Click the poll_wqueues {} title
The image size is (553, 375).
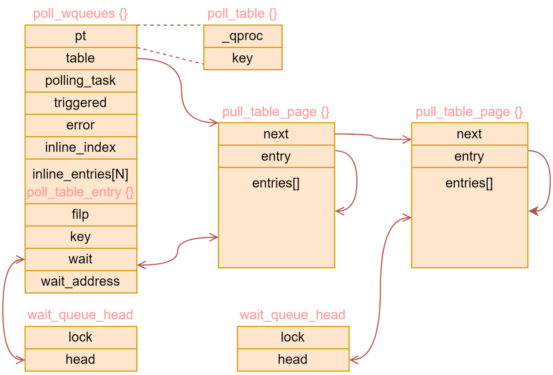(81, 14)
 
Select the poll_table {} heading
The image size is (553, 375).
(242, 14)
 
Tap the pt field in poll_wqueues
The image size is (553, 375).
(81, 36)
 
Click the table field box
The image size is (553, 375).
(81, 58)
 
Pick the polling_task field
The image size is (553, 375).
(81, 81)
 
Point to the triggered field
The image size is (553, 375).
(81, 103)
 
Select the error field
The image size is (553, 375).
(81, 125)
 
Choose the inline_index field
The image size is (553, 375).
(81, 147)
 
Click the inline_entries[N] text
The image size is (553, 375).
(81, 174)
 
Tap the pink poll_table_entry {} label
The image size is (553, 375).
(81, 192)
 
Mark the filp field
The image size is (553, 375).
(81, 215)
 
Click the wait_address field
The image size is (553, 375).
(81, 282)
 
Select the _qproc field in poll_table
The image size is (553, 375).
(243, 36)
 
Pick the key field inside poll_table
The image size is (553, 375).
(243, 58)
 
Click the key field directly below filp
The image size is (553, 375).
(81, 237)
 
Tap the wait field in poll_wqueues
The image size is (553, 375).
(81, 259)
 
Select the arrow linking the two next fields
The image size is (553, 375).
(373, 136)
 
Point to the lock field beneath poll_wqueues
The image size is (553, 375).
(81, 337)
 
